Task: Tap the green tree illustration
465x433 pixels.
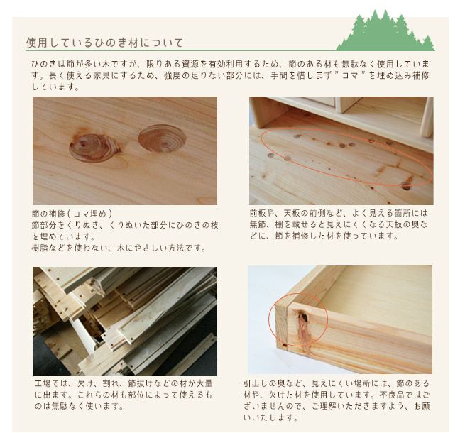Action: coord(384,31)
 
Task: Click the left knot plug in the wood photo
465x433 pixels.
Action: coord(94,147)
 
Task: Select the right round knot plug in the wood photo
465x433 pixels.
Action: coord(162,138)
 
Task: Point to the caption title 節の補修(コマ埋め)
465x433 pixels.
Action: coord(72,213)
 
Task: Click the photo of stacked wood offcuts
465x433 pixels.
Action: coord(124,320)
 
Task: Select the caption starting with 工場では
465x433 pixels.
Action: coord(124,393)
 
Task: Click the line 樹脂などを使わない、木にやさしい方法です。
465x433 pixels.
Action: coord(119,248)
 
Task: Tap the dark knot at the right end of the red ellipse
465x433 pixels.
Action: coord(407,183)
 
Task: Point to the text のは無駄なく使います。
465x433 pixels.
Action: coord(79,406)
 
